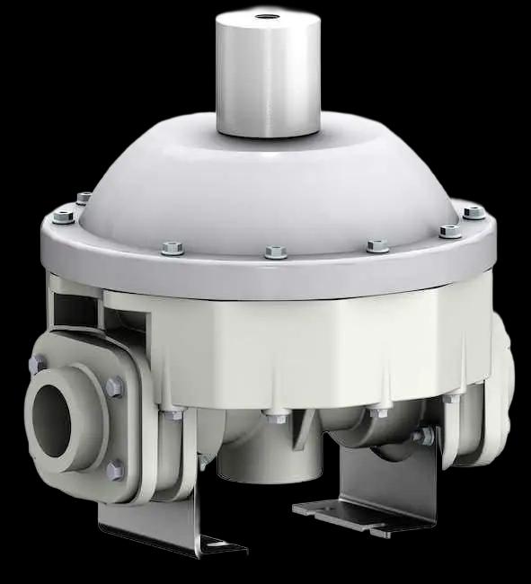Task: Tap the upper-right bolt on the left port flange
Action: [113, 387]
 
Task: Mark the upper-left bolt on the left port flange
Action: [40, 363]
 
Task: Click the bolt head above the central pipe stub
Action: [269, 415]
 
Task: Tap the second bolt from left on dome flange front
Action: [170, 246]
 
